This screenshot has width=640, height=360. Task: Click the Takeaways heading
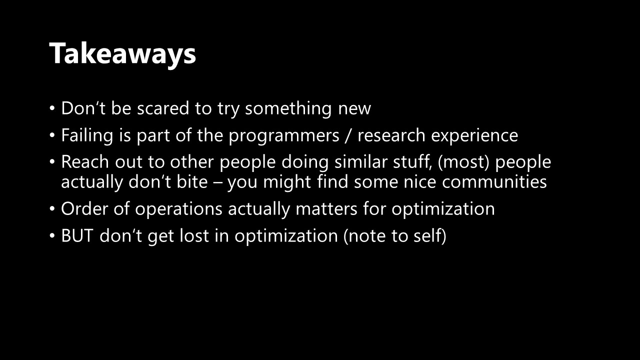click(x=122, y=54)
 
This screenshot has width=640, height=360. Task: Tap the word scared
click(x=163, y=108)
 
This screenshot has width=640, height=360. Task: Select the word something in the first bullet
click(x=288, y=109)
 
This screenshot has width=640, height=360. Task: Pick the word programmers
click(x=283, y=136)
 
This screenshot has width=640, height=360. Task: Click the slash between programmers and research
click(x=348, y=135)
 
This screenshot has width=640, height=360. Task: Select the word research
click(x=391, y=135)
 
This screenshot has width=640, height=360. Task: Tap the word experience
click(x=474, y=136)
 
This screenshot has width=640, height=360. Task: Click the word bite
click(x=192, y=181)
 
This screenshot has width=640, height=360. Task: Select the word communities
click(x=494, y=181)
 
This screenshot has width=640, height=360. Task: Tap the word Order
click(x=84, y=208)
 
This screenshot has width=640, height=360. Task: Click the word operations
click(x=178, y=209)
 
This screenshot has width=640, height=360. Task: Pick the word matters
click(x=326, y=209)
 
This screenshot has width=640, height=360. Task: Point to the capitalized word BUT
click(x=77, y=235)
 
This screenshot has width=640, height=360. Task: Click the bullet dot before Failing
click(x=51, y=135)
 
